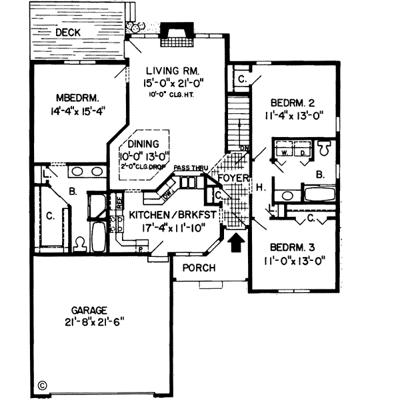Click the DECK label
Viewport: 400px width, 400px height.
click(x=68, y=32)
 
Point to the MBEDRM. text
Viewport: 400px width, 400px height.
click(x=72, y=94)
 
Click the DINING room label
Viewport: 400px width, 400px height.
click(x=143, y=143)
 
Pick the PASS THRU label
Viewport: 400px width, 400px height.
click(x=188, y=169)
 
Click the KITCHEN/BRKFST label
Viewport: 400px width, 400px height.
click(x=171, y=215)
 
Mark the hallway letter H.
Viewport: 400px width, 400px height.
click(x=261, y=189)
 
